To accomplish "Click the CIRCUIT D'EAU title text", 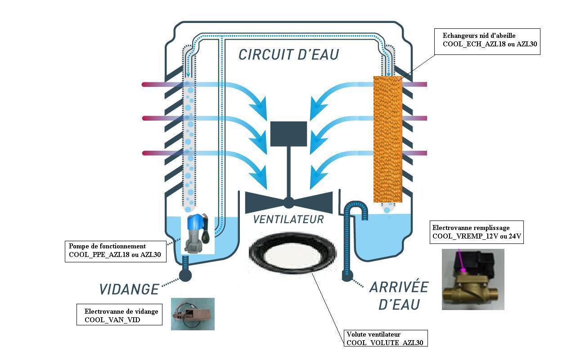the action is (x=288, y=54).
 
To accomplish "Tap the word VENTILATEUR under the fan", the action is (x=288, y=219).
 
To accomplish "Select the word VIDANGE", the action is (x=129, y=289).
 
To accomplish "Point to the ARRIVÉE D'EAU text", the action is (x=399, y=296).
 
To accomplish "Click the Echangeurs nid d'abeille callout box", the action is (x=487, y=42).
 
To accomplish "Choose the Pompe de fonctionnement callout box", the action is (x=116, y=252).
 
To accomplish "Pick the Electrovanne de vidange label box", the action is (x=119, y=315).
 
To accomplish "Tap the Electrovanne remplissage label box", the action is (x=477, y=232).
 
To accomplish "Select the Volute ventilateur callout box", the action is (x=386, y=338).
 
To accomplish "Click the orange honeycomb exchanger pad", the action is (x=388, y=139).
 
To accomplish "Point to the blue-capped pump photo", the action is (x=198, y=234).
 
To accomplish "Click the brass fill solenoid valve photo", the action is (x=473, y=279).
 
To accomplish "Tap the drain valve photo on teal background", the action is (x=193, y=314).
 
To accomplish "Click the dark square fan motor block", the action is (x=288, y=134).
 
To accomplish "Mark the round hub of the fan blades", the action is (x=288, y=203).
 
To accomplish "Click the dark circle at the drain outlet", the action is (x=185, y=275).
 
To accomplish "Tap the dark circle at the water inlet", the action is (x=347, y=276).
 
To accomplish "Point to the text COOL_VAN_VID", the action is (x=112, y=320).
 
